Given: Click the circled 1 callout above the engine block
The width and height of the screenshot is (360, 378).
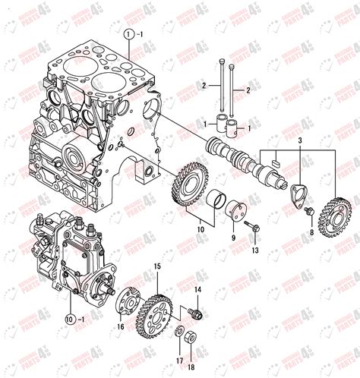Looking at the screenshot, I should (x=129, y=34).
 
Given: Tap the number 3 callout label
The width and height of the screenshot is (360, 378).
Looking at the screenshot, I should (x=299, y=142).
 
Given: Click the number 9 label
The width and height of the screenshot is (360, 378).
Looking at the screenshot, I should (x=233, y=235).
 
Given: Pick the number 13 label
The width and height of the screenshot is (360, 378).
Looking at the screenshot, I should (x=255, y=250).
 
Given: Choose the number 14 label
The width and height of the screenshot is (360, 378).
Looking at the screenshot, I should (x=197, y=288).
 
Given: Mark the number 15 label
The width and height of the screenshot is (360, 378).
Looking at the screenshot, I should (x=158, y=266).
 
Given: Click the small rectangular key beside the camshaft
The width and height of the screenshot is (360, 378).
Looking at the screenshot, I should (x=276, y=161).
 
